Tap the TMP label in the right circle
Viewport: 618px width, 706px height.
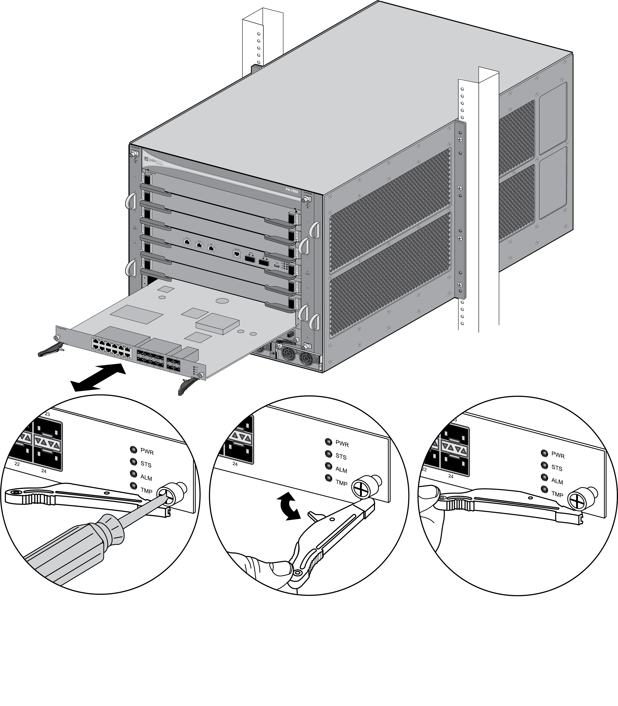coord(557,494)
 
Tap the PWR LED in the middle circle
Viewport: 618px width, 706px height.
coord(328,442)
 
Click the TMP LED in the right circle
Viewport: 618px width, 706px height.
coord(544,489)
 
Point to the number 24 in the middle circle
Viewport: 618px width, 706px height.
coord(235,464)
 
